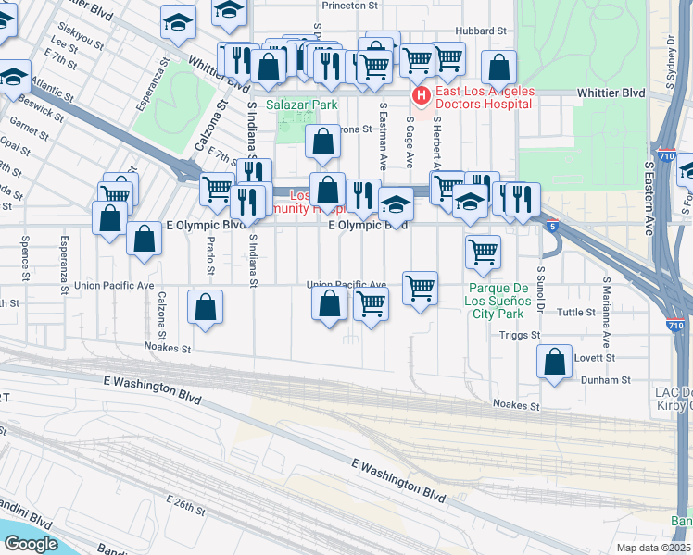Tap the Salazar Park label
(x=302, y=105)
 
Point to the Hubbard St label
(x=481, y=31)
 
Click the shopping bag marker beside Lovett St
(x=554, y=363)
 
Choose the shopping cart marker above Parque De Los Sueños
(x=483, y=251)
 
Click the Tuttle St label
(x=575, y=313)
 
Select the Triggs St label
(x=521, y=338)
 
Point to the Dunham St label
(x=605, y=379)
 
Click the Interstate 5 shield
(x=551, y=225)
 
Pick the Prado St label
(x=210, y=255)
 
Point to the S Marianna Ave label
(x=607, y=298)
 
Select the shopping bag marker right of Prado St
(x=205, y=307)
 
